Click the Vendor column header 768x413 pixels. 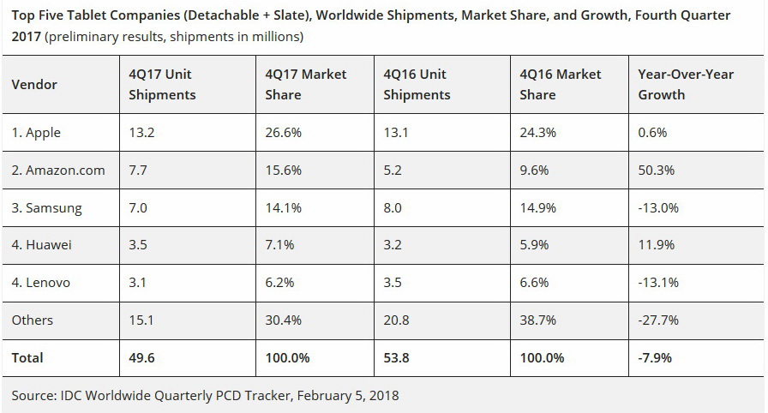tap(34, 85)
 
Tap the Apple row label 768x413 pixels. tap(36, 133)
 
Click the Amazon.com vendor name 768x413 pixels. tap(58, 171)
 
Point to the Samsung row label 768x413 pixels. tap(47, 208)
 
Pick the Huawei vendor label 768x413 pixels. tap(42, 245)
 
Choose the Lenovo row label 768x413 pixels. tap(41, 283)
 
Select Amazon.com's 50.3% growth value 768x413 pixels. tap(657, 171)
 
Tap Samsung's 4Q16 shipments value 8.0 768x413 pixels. tap(393, 208)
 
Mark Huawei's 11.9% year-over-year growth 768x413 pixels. tap(656, 245)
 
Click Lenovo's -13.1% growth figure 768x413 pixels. tap(658, 283)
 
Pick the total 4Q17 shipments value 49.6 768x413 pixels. tap(142, 358)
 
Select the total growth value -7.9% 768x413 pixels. tap(656, 358)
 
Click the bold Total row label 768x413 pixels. tap(27, 358)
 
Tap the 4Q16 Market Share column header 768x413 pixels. tap(560, 85)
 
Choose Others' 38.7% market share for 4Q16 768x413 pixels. tap(537, 320)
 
